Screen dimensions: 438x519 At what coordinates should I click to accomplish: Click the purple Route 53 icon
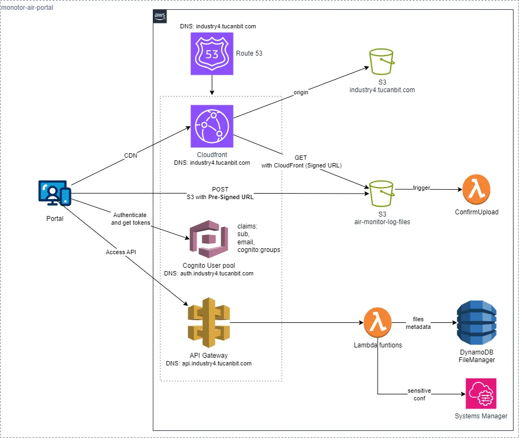point(212,53)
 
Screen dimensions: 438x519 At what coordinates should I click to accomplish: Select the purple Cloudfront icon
point(212,127)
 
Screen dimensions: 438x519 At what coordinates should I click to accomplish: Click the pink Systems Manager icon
point(481,393)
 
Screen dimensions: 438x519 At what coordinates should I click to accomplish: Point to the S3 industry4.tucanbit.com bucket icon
point(381,62)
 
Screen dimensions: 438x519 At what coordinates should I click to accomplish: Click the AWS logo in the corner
point(160,17)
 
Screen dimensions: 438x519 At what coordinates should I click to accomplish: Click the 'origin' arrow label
point(301,92)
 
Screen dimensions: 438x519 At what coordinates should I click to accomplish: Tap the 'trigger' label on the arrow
point(421,188)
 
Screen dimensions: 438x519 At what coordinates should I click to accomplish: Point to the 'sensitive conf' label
point(419,394)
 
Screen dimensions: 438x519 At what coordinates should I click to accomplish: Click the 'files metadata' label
point(418,323)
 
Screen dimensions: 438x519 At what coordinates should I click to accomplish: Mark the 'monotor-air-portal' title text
point(28,8)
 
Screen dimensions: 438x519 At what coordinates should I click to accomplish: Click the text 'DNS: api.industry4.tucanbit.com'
point(208,363)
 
